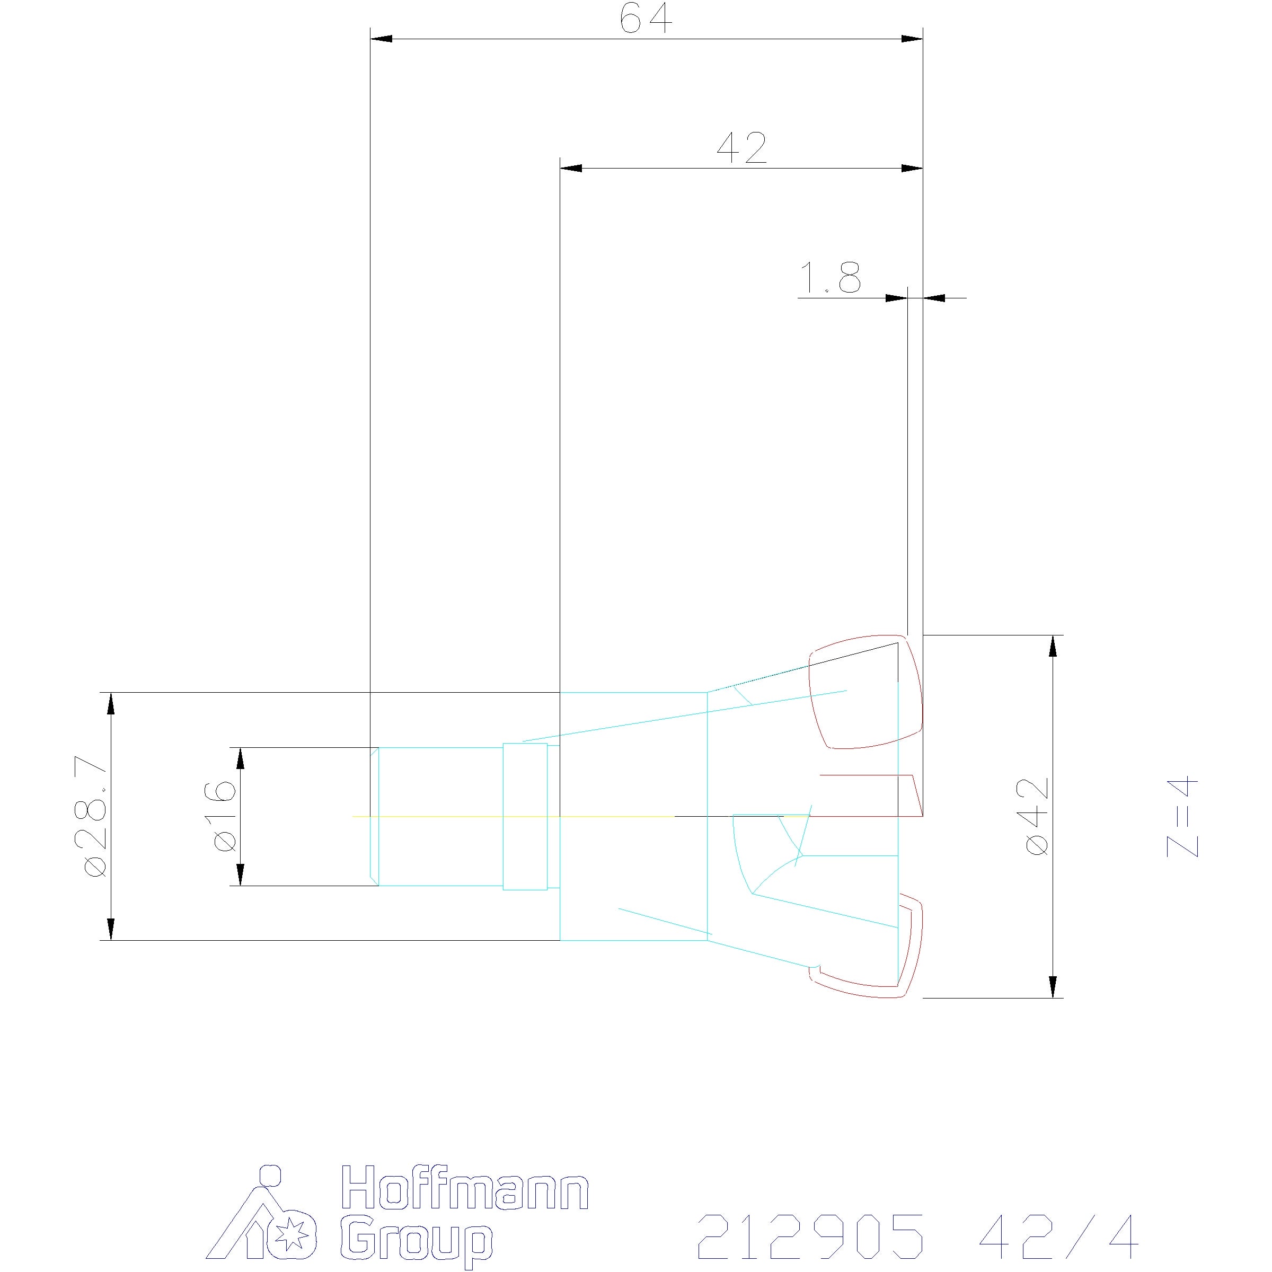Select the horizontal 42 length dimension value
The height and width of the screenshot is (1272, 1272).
742,148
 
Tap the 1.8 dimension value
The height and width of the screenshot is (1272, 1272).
829,277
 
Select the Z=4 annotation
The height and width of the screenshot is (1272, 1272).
1182,817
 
